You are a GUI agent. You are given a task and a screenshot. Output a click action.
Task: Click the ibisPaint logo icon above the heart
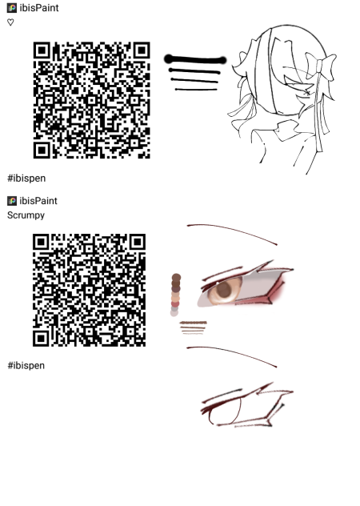coord(12,8)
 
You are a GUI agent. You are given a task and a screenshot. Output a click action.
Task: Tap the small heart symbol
coord(10,22)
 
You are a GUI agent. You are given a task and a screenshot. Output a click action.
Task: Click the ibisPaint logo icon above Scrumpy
coord(12,201)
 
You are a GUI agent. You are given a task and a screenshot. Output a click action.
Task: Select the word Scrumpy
coord(26,215)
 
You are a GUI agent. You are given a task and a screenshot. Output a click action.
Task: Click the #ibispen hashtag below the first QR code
coord(26,178)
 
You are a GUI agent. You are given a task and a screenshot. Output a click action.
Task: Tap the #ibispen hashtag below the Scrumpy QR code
coord(26,366)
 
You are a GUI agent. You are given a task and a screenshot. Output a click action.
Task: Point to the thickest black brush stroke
coord(195,60)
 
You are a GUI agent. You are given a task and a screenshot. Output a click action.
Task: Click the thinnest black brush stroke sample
coord(196,90)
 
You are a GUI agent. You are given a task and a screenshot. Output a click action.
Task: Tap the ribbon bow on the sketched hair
coord(320,66)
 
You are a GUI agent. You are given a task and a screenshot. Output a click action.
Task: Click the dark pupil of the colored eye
coord(223,290)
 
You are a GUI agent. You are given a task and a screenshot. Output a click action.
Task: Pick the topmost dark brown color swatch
coord(176,278)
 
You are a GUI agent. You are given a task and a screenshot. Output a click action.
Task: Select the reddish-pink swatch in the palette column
coord(175,304)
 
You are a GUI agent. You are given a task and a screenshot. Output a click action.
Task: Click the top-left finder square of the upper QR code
coord(42,50)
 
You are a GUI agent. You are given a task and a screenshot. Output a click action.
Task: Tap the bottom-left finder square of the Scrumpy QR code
coord(41,338)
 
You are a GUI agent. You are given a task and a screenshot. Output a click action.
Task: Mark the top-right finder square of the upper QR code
coord(142,50)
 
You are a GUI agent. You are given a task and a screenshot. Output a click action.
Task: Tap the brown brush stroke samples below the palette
coord(194,328)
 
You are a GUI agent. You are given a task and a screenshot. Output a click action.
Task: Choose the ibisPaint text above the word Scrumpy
coord(38,201)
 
